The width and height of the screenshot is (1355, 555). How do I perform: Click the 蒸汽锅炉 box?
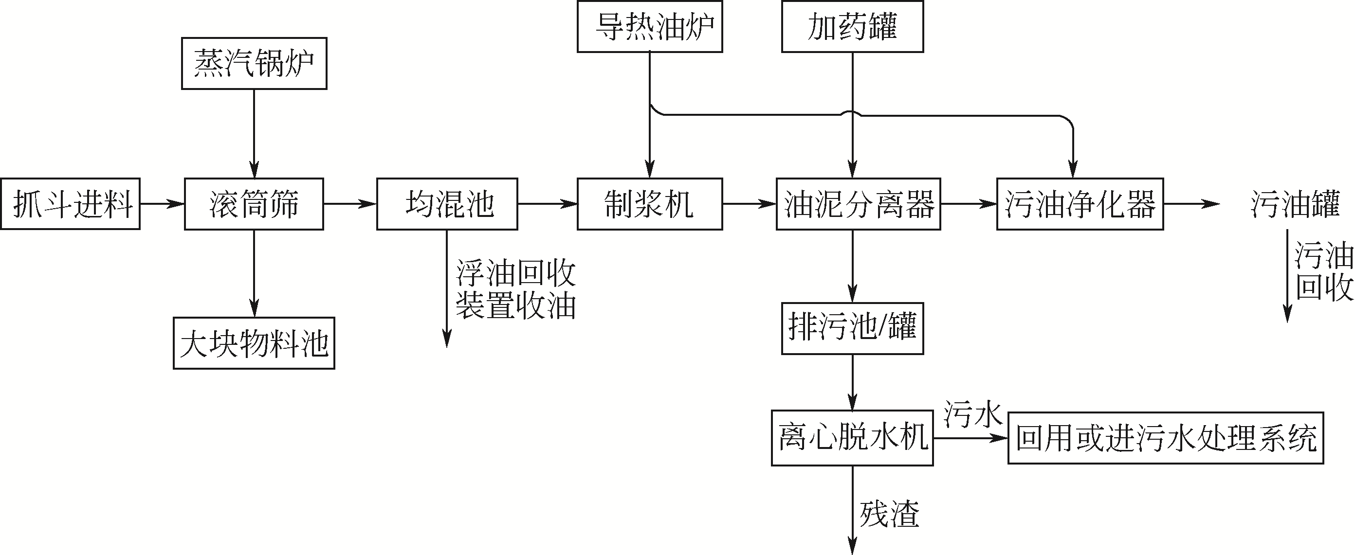click(254, 63)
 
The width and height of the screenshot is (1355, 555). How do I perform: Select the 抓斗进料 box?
click(71, 204)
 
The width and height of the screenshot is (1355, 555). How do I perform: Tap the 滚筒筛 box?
click(254, 204)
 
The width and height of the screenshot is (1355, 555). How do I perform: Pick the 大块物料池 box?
click(254, 343)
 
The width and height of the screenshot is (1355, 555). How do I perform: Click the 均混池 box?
click(447, 204)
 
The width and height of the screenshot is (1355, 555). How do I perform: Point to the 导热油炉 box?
click(650, 26)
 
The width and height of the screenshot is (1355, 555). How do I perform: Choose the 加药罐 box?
click(852, 26)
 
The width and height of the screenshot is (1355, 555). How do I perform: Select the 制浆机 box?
click(650, 204)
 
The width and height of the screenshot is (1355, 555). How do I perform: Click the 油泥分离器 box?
click(858, 204)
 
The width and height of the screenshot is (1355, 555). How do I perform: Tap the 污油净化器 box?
click(1080, 204)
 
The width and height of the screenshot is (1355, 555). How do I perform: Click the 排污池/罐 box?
click(852, 328)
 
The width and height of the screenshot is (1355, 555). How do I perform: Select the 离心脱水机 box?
click(852, 438)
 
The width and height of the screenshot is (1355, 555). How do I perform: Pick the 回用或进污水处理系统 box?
click(1166, 438)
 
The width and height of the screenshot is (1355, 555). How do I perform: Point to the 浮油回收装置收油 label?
click(515, 288)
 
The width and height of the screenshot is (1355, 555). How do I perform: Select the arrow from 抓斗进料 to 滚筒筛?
click(162, 204)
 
